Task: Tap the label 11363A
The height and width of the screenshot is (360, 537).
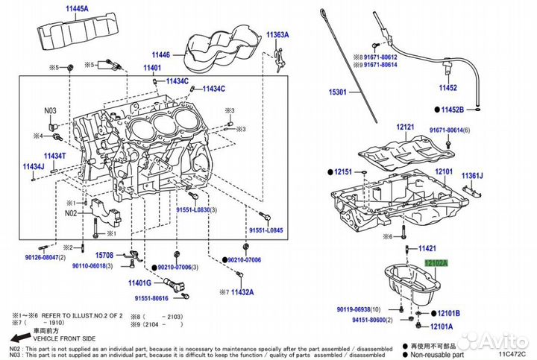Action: point(277,35)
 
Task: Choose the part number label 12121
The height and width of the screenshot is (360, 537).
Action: point(404,127)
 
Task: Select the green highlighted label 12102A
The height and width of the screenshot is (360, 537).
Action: point(436,263)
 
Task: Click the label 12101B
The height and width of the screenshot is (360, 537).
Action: point(448,314)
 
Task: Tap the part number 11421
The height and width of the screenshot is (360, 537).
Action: point(427,247)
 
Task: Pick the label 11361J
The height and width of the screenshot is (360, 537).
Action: point(472,176)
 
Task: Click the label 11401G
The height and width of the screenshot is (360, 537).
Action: point(139,283)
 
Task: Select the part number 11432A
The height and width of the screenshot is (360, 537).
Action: point(242,291)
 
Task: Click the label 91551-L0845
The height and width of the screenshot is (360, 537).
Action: point(266,231)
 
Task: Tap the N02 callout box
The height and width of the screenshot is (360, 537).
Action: point(71,212)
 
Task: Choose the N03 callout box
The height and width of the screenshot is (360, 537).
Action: point(50,111)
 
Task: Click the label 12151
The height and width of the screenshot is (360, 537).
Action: point(343,171)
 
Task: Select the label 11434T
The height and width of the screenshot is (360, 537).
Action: point(54,156)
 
